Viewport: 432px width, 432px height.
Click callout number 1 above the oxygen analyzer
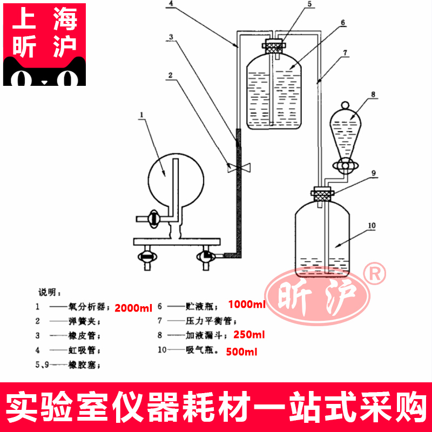(x=142, y=114)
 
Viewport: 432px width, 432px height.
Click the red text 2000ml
(x=134, y=308)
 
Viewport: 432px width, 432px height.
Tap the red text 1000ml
(x=247, y=305)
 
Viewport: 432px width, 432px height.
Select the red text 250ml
(x=249, y=335)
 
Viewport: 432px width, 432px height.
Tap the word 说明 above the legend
(x=46, y=292)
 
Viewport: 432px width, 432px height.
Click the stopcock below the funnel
(x=345, y=165)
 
